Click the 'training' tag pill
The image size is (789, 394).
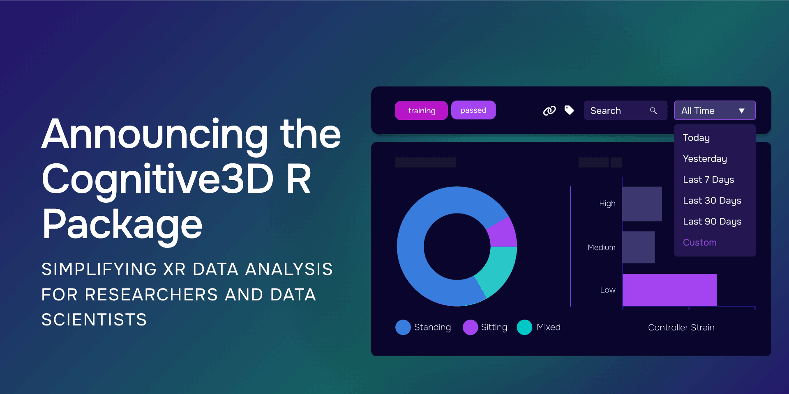point(421,110)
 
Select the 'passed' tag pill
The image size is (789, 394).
point(473,110)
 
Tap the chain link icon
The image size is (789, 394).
point(549,110)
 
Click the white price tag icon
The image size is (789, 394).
point(569,110)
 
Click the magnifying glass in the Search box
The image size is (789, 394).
point(653,110)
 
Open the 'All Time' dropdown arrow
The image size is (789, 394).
point(741,111)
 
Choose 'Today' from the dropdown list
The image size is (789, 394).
point(696,138)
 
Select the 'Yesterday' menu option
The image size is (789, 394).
point(705,159)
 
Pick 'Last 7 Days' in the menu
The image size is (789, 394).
point(708,180)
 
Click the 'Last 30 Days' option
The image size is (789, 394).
point(712,201)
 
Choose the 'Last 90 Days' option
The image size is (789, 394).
point(712,222)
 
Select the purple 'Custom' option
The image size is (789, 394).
point(699,243)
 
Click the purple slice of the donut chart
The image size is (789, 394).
point(502,233)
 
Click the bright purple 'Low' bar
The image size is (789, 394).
point(669,290)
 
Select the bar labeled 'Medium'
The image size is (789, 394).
point(638,247)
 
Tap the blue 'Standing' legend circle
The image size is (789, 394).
point(403,327)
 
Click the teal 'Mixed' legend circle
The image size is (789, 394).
point(524,327)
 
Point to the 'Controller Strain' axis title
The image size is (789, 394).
point(681,328)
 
